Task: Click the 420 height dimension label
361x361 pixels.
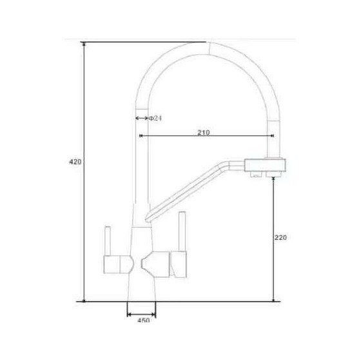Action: click(75, 162)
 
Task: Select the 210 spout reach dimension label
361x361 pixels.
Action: click(204, 133)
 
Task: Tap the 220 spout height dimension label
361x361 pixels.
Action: click(280, 237)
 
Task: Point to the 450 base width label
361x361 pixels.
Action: click(143, 320)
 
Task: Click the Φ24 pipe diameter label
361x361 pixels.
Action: click(155, 119)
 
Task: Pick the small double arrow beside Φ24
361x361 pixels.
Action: click(142, 119)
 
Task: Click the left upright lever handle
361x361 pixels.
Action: click(108, 241)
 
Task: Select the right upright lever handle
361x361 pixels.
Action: click(182, 231)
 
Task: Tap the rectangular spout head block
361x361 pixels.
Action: click(265, 165)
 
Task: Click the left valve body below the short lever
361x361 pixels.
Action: click(119, 264)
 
